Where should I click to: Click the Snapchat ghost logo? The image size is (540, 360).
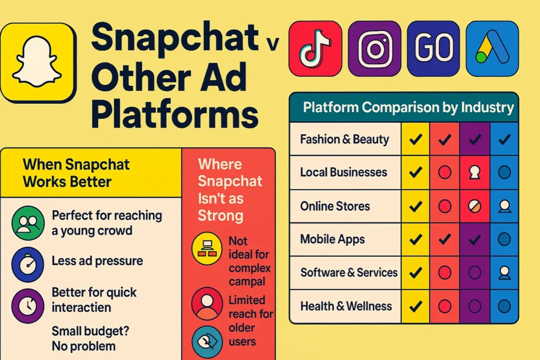[38, 63]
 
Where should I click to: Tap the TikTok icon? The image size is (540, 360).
[315, 48]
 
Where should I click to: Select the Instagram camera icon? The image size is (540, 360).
[374, 48]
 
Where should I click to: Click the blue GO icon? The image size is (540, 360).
[433, 48]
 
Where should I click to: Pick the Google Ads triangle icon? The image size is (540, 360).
[492, 48]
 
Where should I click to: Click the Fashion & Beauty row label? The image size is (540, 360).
[344, 139]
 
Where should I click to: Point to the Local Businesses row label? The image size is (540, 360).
[343, 172]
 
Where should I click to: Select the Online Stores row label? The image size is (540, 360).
[335, 206]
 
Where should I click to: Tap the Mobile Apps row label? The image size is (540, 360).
[332, 239]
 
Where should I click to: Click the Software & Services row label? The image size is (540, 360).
[349, 273]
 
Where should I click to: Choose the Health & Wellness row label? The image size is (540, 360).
[346, 306]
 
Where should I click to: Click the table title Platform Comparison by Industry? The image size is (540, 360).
[408, 108]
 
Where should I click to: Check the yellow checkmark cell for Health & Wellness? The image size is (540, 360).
[416, 306]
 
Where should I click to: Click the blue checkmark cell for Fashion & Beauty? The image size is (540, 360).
[504, 139]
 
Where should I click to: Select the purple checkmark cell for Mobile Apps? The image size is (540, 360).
[475, 239]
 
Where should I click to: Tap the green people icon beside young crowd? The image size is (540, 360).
[28, 223]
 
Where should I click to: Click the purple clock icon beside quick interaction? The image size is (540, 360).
[28, 306]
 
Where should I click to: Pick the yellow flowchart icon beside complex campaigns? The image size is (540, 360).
[207, 248]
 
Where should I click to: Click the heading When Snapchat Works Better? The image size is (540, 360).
[76, 173]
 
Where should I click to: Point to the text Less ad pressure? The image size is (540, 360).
[97, 261]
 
